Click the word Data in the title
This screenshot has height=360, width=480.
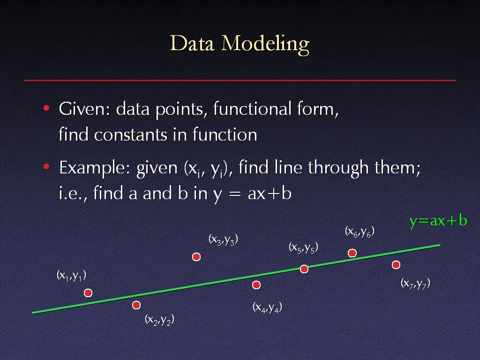[192, 44]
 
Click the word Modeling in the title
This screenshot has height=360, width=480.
[265, 45]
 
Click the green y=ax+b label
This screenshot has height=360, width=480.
[438, 221]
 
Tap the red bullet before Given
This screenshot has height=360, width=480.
[46, 108]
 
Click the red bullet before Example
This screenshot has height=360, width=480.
[46, 167]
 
